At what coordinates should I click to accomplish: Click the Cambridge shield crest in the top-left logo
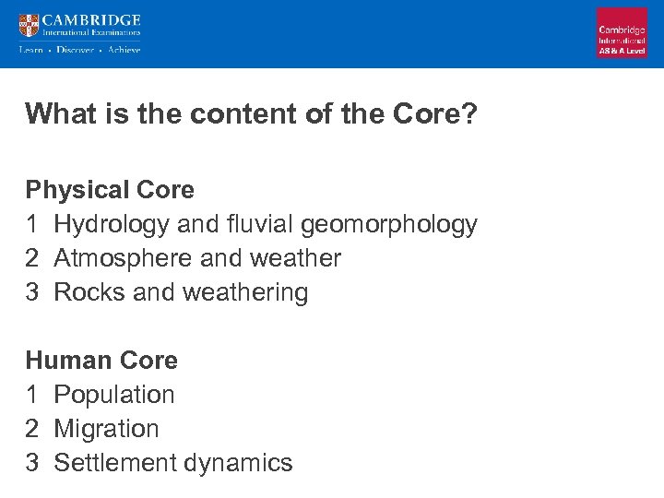point(29,26)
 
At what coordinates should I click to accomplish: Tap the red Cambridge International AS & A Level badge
point(622,33)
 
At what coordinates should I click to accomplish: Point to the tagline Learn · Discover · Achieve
point(80,50)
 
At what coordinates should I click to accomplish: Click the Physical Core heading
point(110,190)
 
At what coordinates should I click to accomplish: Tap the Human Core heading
point(101,360)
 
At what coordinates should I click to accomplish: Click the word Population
point(114,394)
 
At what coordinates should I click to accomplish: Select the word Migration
point(106,428)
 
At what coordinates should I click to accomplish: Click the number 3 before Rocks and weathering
point(32,292)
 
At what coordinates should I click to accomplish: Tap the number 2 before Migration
point(32,428)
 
